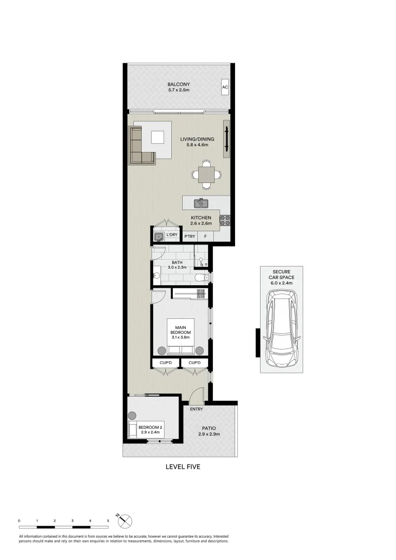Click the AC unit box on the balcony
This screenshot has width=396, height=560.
225,87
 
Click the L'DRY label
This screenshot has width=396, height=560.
172,235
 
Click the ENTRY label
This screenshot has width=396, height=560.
196,410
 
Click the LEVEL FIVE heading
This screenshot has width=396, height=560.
182,467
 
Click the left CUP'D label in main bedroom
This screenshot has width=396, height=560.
166,363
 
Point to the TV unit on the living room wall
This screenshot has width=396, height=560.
226,138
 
